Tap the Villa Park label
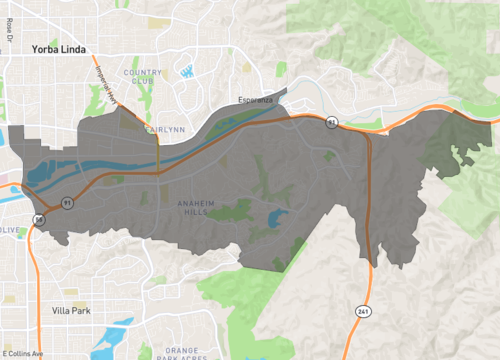[x=70, y=311]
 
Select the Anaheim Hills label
[x=196, y=208]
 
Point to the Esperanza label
[x=256, y=100]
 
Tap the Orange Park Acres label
[x=180, y=352]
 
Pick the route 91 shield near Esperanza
[x=331, y=122]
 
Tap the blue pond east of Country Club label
[x=187, y=71]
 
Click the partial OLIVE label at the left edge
[x=9, y=230]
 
